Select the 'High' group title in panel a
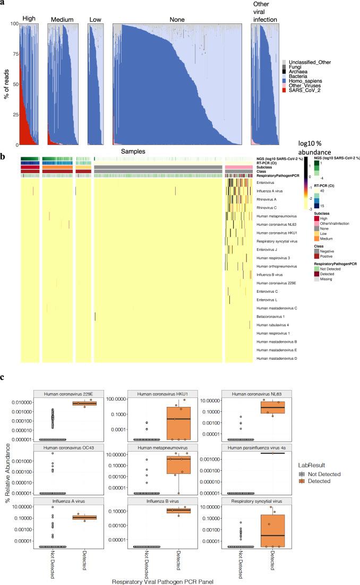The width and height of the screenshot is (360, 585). tap(28, 20)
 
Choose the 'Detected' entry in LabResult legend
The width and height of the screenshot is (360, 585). tap(327, 480)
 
